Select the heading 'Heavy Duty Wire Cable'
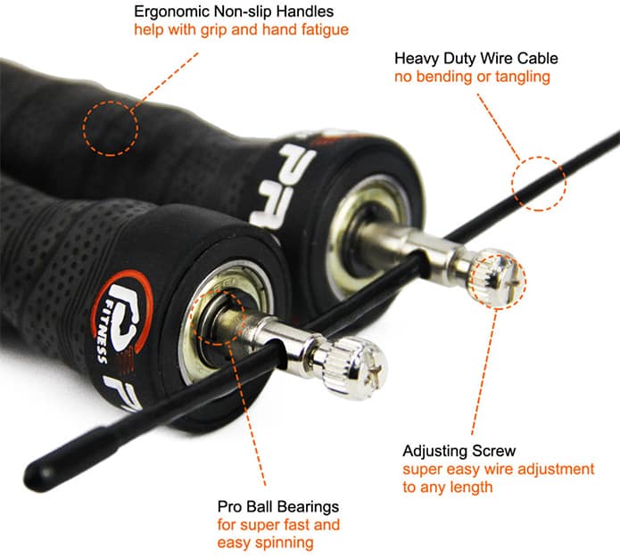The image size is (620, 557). (x=475, y=59)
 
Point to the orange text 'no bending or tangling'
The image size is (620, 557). (x=472, y=77)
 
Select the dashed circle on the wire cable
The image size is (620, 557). (x=540, y=183)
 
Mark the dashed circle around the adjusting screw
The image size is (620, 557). (x=498, y=278)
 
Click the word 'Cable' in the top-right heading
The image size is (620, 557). (x=538, y=59)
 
